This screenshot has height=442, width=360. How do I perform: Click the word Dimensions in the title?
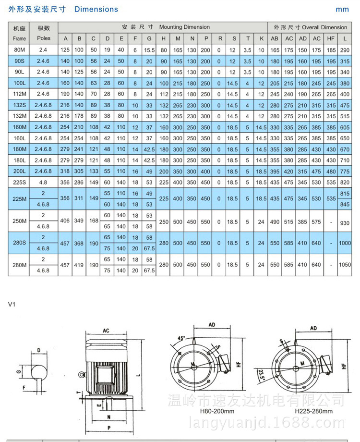click(x=96, y=9)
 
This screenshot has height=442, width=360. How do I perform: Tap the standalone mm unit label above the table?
click(x=342, y=9)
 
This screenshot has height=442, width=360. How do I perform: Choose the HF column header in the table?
click(x=331, y=38)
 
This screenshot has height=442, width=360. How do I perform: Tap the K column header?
click(x=261, y=38)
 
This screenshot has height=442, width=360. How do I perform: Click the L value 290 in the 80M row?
click(x=344, y=49)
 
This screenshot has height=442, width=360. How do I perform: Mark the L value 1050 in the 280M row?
click(x=344, y=265)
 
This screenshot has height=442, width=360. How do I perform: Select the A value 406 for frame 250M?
click(x=65, y=221)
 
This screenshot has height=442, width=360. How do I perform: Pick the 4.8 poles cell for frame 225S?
click(x=44, y=182)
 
